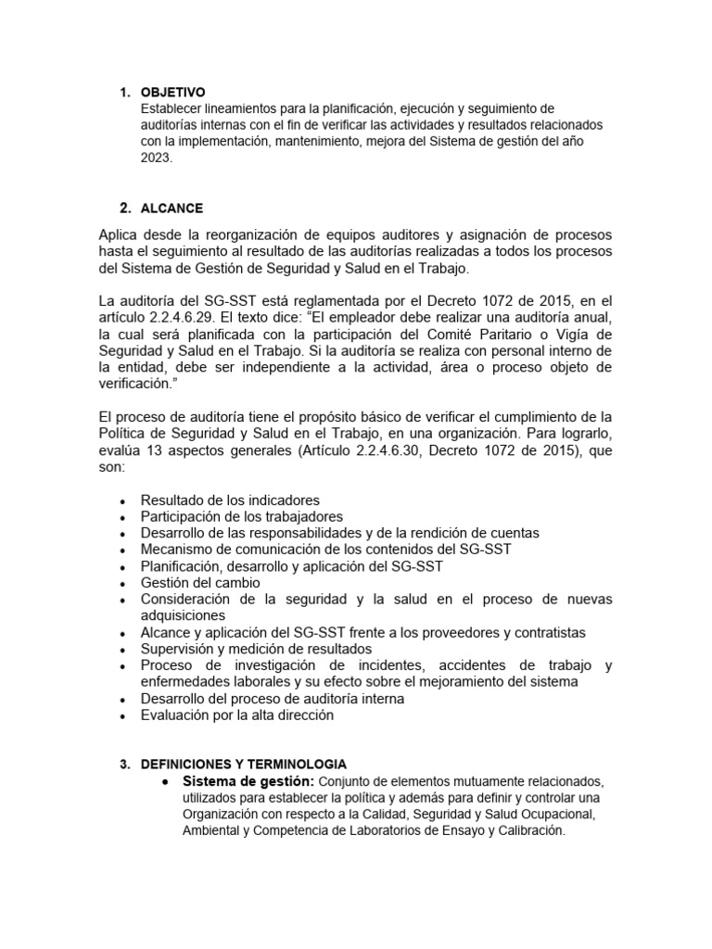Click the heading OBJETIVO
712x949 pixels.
tap(172, 93)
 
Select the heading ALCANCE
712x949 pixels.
tap(172, 208)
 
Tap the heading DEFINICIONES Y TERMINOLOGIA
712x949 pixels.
tap(244, 764)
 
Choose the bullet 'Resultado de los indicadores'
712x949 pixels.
tap(230, 500)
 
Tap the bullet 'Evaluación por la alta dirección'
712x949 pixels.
tap(236, 715)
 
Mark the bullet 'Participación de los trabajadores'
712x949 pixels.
tap(242, 516)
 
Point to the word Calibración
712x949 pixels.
tap(526, 831)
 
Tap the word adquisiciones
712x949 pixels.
tap(185, 615)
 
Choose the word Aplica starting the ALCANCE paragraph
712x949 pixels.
tap(118, 236)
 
